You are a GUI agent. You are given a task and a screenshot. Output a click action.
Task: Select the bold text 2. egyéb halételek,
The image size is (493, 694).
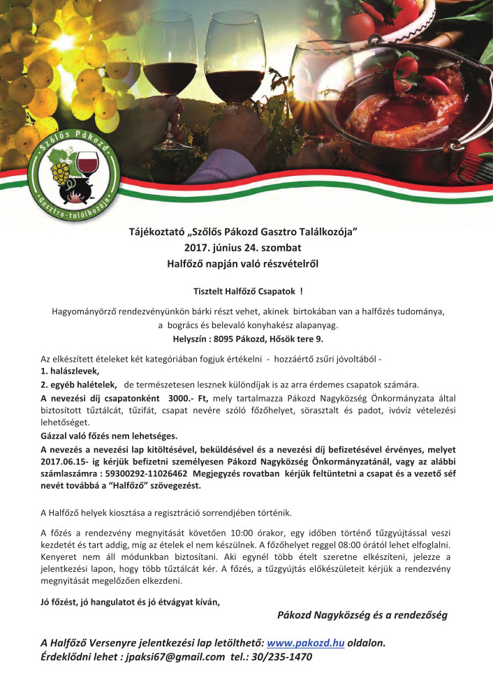coord(78,384)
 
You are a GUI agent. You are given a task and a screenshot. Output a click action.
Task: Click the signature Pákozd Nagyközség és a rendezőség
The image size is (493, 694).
coord(362,614)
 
